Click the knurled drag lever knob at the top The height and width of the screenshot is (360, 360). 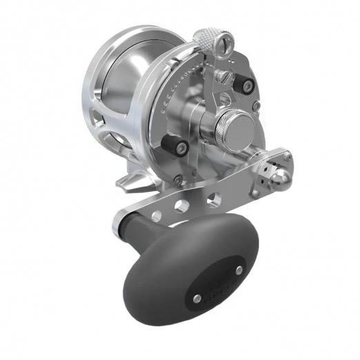tap(206, 39)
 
